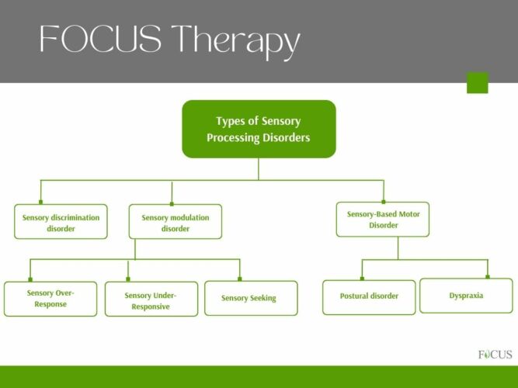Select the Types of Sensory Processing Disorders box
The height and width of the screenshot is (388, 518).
point(259,129)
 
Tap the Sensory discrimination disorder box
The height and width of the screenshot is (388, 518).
point(61,223)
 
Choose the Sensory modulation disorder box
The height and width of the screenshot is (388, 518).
point(175,223)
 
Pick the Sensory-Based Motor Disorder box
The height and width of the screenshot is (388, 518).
point(383,220)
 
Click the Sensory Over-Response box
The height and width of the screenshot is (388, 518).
point(50,299)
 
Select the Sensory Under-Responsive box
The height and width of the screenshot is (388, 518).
point(151,300)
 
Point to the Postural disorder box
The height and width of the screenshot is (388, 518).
point(369,296)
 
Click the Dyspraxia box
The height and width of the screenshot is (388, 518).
point(466,296)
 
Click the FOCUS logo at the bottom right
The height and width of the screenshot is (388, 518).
point(495,355)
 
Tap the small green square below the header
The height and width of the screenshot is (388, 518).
point(477,83)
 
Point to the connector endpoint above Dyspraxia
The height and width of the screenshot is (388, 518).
point(488,276)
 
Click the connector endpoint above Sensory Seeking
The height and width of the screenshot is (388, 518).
point(240,279)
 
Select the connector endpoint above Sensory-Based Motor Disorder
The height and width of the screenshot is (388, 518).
point(383,201)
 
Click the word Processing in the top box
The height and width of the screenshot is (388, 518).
point(236,137)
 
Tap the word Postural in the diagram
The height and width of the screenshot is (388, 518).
point(354,296)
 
